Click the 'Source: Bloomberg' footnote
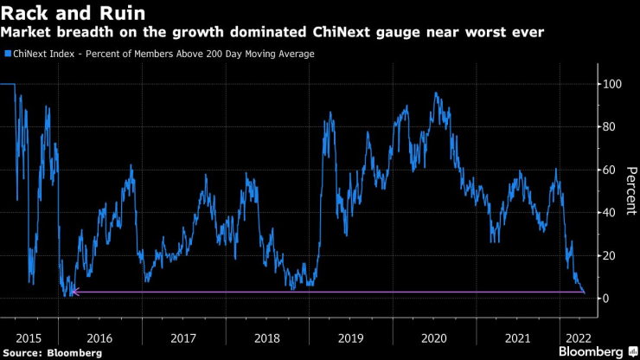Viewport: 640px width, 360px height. [52, 353]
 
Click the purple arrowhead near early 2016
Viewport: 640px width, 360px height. [74, 292]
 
